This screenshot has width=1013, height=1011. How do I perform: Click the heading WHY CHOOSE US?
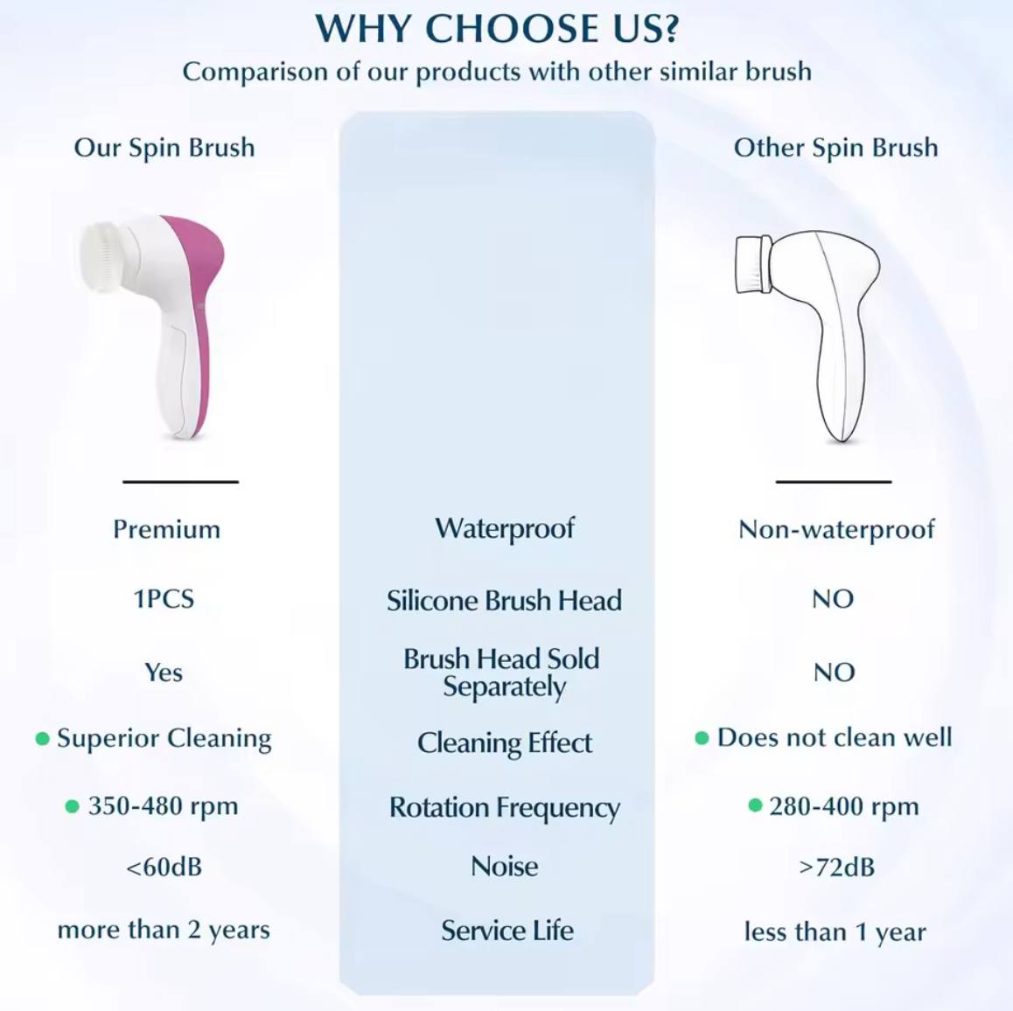(x=497, y=29)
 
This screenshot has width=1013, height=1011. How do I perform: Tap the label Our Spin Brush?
(x=164, y=148)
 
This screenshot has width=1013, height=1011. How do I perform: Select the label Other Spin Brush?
(x=835, y=148)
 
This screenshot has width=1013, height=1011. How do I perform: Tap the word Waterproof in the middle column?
(x=505, y=528)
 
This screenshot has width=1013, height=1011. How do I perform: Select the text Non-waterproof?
(x=836, y=529)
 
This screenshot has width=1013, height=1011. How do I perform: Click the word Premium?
(x=166, y=529)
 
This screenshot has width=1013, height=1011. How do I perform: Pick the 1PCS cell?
(x=164, y=599)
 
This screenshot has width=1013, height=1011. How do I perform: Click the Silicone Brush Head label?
(x=504, y=601)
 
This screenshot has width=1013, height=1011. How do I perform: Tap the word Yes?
(x=164, y=673)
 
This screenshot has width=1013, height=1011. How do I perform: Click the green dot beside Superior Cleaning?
(x=42, y=739)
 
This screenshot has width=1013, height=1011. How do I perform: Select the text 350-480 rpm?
(x=163, y=805)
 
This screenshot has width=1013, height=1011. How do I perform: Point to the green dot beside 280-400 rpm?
(x=755, y=805)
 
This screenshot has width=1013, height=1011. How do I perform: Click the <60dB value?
(x=164, y=868)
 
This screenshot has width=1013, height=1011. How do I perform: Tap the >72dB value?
(x=836, y=868)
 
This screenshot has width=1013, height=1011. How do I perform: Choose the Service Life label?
(x=507, y=931)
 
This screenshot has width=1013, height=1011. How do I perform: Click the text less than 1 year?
(x=835, y=932)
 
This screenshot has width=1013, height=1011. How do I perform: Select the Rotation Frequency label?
(x=505, y=807)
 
